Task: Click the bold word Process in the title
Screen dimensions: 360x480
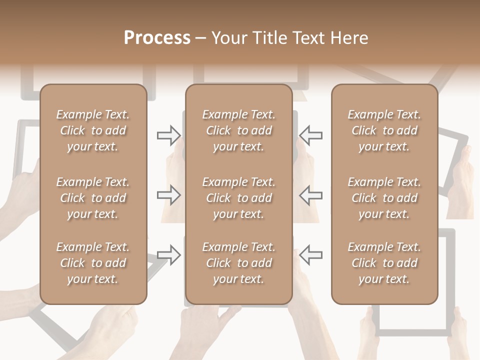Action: [157, 38]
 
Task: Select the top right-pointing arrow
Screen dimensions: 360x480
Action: [168, 135]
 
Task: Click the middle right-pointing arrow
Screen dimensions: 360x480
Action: [168, 195]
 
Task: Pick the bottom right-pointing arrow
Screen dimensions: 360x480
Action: [168, 255]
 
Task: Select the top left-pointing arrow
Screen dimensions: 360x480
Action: [310, 135]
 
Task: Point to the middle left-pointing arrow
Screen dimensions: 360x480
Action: [310, 195]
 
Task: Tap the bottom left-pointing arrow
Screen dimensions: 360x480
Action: [310, 255]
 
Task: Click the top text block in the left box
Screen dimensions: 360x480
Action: [93, 130]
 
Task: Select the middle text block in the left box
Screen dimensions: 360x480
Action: [93, 198]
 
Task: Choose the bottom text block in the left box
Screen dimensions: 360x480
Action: [93, 263]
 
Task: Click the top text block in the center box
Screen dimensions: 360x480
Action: [238, 130]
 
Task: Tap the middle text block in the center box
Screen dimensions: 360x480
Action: [238, 198]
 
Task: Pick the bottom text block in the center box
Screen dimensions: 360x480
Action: [238, 263]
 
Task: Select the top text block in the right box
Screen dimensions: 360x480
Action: [384, 130]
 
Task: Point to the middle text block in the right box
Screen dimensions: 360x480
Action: [384, 198]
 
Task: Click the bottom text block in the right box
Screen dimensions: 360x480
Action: [384, 263]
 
